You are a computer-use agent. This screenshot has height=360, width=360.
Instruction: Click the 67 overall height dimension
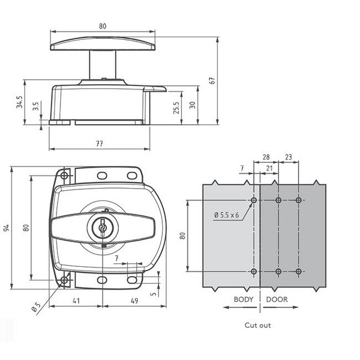coord(212,80)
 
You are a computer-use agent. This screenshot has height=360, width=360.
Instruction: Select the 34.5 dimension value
coord(19,103)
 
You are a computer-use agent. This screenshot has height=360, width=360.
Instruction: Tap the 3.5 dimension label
coord(37,106)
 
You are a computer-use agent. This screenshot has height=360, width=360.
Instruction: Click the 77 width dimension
coord(100,144)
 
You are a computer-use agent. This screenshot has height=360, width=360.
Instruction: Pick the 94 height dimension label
coord(7,228)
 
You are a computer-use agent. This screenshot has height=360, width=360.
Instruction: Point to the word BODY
coord(243,300)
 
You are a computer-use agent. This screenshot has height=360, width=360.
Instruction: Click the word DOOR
coord(276,300)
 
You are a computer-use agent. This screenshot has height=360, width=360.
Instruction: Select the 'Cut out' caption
coord(258,325)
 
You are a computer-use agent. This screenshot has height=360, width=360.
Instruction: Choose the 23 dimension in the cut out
coord(288,158)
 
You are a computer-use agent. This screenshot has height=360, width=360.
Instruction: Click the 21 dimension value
coord(269,168)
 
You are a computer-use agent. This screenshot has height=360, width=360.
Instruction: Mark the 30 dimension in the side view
coord(193,105)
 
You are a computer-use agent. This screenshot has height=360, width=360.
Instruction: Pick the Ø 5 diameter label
coord(35,308)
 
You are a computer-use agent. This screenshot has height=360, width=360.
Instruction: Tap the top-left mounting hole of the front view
coord(64,176)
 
